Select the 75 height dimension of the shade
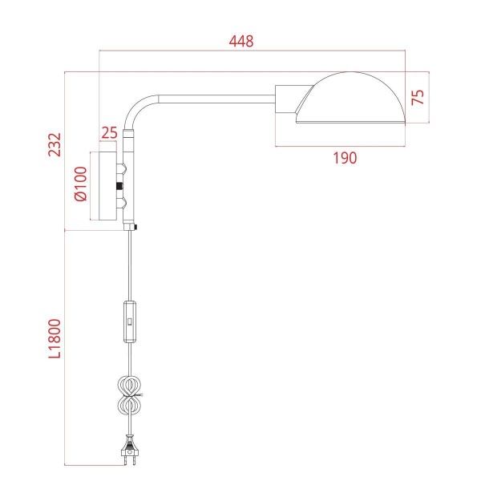[418, 97]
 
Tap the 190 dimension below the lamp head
[344, 159]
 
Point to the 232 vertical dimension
[55, 145]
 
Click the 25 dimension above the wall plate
[109, 131]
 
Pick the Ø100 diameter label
[79, 185]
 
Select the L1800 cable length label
[55, 345]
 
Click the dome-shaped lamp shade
[353, 95]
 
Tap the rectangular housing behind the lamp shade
[287, 99]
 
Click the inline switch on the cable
[130, 321]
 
